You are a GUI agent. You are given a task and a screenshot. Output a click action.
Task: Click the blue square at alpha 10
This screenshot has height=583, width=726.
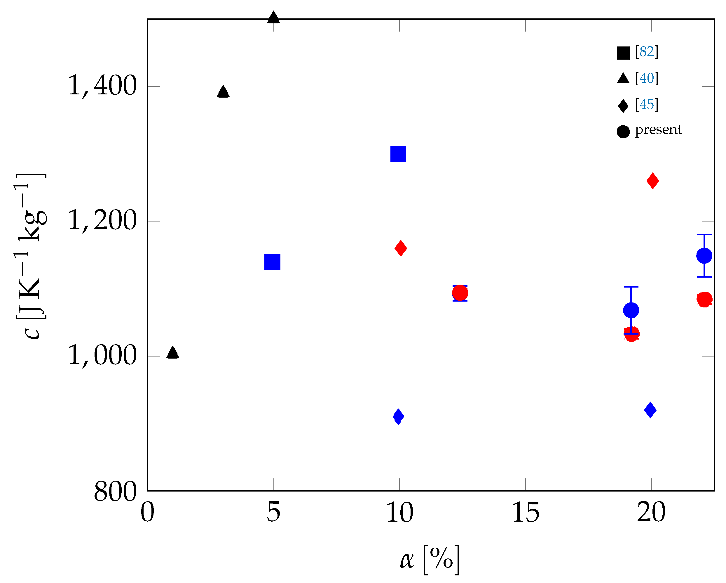click(x=398, y=154)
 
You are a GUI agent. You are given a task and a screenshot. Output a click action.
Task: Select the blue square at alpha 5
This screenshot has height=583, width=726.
click(x=273, y=262)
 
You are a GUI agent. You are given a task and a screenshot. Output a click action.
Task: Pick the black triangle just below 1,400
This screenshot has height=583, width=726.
click(x=223, y=91)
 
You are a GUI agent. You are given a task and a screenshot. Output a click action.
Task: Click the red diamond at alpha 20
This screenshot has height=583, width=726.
click(x=652, y=181)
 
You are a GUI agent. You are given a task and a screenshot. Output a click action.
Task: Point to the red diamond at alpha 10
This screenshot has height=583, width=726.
click(x=401, y=248)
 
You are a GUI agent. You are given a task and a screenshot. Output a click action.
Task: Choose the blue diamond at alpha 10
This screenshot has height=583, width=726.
click(x=398, y=417)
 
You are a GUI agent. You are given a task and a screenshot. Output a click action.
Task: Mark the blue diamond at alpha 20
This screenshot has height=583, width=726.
click(x=650, y=410)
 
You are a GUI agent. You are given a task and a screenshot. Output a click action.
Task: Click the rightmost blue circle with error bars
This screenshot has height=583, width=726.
click(x=704, y=256)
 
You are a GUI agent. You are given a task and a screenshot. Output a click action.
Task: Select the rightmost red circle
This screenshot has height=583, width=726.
click(x=704, y=299)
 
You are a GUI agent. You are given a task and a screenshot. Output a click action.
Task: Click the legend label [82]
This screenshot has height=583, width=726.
click(x=647, y=52)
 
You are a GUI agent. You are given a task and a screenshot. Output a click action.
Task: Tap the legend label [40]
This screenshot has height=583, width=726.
click(x=647, y=78)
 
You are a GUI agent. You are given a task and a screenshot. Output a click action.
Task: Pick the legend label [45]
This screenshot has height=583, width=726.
click(x=647, y=105)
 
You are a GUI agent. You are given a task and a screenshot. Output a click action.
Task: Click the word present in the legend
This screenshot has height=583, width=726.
click(x=658, y=130)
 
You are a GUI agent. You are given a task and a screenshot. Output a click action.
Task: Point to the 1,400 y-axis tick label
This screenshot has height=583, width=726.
click(x=102, y=86)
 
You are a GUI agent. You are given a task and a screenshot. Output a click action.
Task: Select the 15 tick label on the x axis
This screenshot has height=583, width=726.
click(x=526, y=513)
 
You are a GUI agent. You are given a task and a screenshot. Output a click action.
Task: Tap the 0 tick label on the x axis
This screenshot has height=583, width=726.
click(x=147, y=513)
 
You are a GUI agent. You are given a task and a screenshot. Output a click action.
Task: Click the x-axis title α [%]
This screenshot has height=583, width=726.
click(x=429, y=560)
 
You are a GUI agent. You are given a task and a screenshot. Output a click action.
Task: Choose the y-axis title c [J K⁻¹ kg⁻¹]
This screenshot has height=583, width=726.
click(x=31, y=256)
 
